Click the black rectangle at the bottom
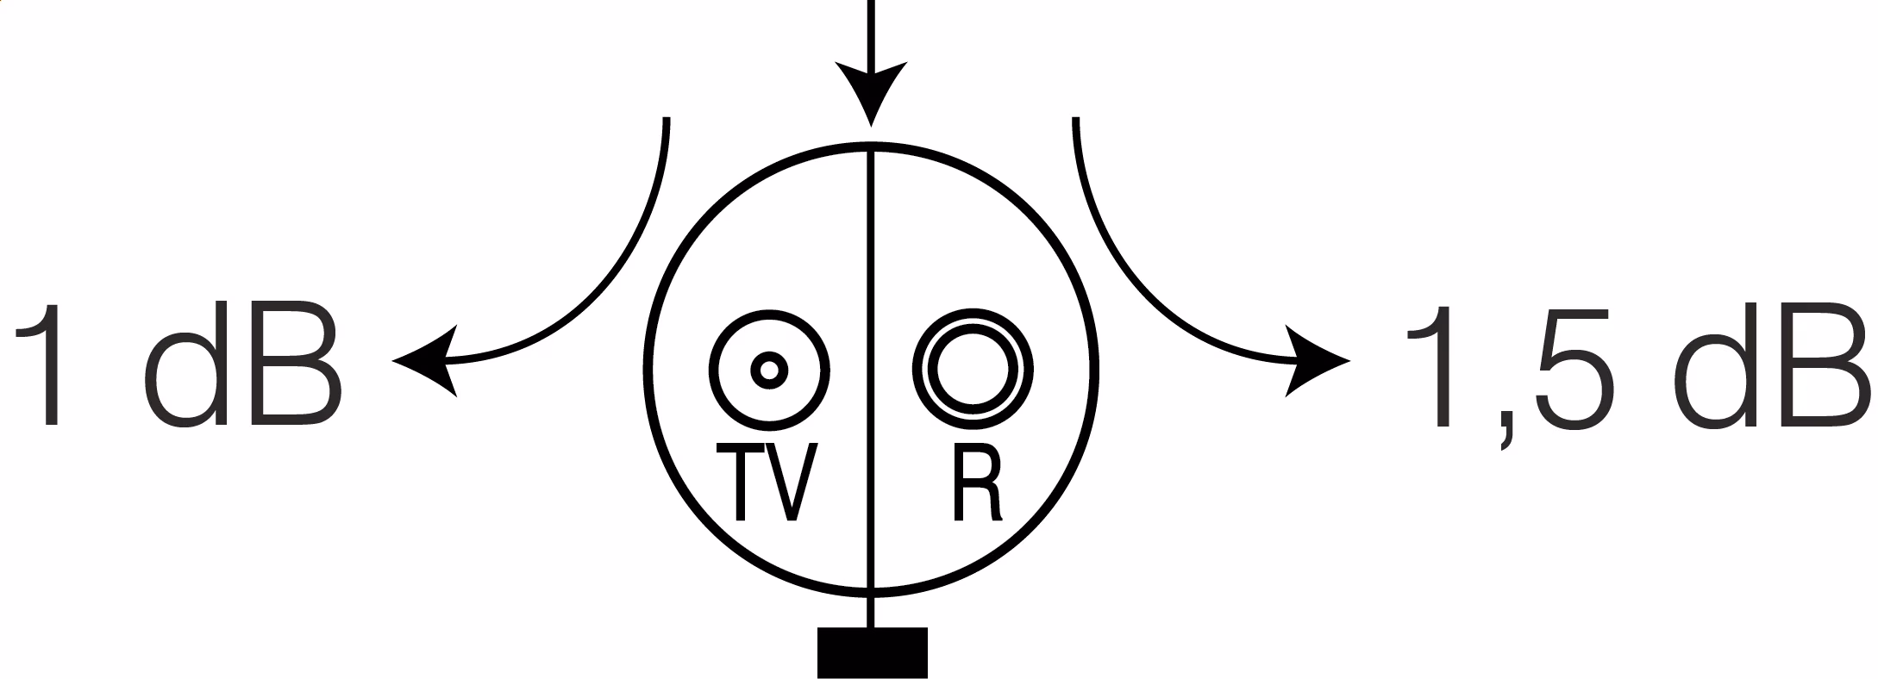coord(872,651)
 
